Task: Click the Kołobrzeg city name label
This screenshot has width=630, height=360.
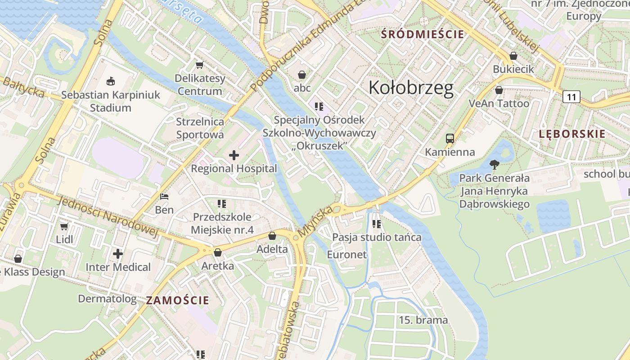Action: [x=411, y=88]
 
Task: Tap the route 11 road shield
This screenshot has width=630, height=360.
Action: [x=571, y=97]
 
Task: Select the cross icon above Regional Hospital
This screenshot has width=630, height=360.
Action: [x=234, y=156]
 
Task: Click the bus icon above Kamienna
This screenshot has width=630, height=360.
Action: [x=450, y=139]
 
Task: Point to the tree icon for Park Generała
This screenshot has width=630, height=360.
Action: [x=494, y=165]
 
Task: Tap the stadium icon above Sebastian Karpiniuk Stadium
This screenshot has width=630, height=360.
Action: [x=110, y=81]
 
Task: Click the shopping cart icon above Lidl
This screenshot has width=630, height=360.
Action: [x=64, y=226]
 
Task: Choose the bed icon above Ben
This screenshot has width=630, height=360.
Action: [x=164, y=197]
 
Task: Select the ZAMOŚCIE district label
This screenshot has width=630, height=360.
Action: [x=178, y=301]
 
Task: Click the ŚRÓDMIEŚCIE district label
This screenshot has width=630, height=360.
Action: [x=422, y=34]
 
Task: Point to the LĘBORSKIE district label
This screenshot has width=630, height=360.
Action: [x=572, y=134]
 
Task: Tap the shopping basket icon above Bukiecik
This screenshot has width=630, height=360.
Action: [x=513, y=56]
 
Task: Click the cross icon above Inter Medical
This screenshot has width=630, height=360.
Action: [x=118, y=254]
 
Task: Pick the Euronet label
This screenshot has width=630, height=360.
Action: [x=346, y=255]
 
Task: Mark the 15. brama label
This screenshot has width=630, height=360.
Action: [x=423, y=320]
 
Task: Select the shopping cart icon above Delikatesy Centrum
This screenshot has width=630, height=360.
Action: [x=199, y=65]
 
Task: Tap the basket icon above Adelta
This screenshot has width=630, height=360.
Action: [x=272, y=236]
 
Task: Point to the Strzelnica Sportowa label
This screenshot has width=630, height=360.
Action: [x=200, y=128]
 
